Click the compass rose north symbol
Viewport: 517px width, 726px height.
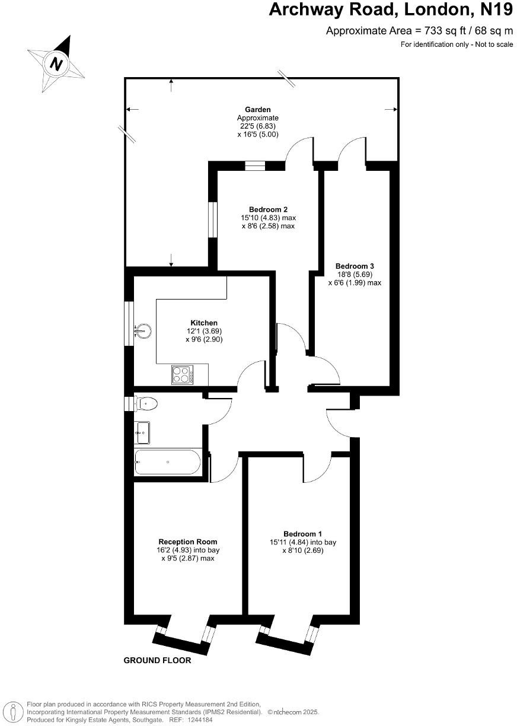(x=56, y=63)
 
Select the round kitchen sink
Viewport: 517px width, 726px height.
(x=143, y=330)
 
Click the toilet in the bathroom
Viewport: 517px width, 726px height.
(x=146, y=404)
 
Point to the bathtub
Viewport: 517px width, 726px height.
(x=168, y=461)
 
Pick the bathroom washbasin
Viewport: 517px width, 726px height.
(x=142, y=433)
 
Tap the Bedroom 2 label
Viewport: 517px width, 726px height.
(x=268, y=209)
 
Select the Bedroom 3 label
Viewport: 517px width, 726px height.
(x=355, y=266)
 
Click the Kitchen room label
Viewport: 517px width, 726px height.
(x=204, y=322)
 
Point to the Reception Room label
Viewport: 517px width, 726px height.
(x=187, y=542)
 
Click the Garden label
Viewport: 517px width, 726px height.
(x=258, y=109)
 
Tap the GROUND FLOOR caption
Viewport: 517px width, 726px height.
(x=157, y=660)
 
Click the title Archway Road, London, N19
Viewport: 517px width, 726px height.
(x=391, y=10)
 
